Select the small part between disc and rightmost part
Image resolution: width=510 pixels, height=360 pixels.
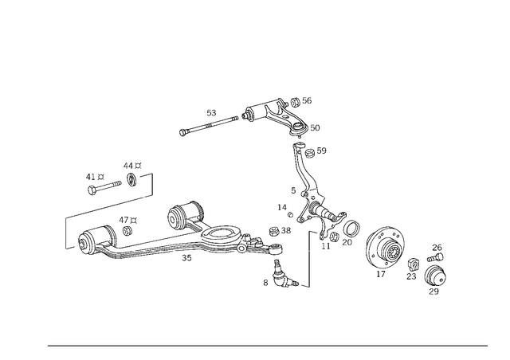(x=413, y=265)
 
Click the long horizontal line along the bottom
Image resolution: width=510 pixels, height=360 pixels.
(x=267, y=345)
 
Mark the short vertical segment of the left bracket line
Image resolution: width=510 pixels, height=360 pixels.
(x=65, y=233)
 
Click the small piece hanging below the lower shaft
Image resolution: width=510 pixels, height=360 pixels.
(x=188, y=255)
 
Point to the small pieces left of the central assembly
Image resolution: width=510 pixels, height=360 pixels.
(x=284, y=209)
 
